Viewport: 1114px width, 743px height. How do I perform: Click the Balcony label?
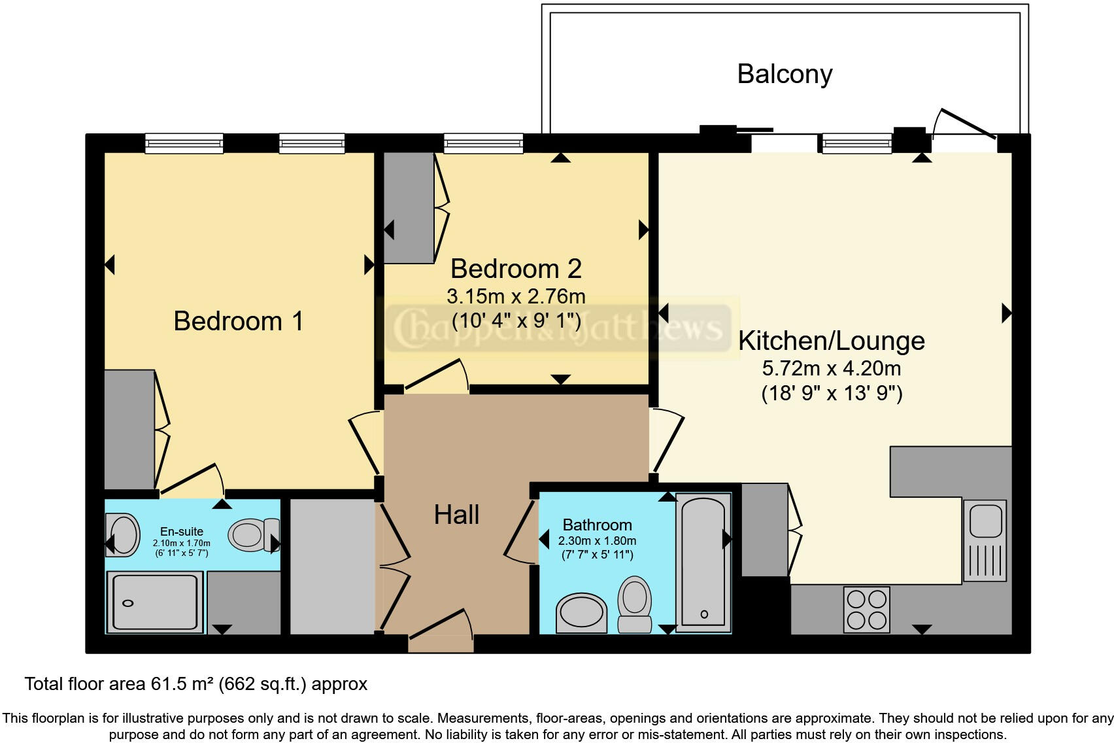785,75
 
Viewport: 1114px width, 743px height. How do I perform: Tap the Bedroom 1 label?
238,321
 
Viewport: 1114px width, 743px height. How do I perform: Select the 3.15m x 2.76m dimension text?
516,296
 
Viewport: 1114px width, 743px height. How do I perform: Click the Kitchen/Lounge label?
831,341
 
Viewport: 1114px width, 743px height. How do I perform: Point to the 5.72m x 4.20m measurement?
832,368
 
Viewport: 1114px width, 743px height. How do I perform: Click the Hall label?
456,515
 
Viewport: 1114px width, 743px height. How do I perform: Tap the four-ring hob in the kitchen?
866,610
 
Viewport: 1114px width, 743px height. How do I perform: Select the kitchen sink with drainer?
985,540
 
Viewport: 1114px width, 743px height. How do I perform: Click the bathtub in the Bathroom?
703,563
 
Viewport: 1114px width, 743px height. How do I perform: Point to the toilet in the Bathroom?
635,604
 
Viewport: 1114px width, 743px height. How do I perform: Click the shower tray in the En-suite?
155,602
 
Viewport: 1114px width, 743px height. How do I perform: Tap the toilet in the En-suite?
254,535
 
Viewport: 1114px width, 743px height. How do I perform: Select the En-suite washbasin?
122,535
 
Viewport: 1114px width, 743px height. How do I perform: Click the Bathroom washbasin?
581,613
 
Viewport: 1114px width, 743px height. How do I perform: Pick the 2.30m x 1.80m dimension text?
598,540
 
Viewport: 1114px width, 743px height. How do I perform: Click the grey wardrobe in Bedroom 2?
409,207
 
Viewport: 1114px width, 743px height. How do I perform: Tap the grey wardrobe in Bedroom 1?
129,430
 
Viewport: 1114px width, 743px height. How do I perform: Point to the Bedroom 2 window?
483,144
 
